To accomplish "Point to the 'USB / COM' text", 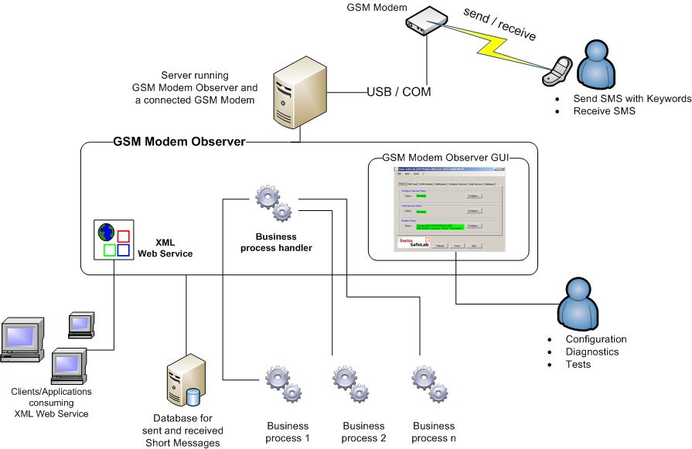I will [398, 92].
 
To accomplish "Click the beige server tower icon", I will [296, 94].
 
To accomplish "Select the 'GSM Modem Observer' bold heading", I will [179, 142].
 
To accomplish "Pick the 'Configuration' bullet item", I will [595, 339].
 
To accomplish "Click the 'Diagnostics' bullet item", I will [594, 352].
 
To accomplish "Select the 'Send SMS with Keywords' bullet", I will [632, 99].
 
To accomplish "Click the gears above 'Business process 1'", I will [281, 384].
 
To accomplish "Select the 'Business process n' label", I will [434, 432].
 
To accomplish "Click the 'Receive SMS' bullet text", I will [604, 111].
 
